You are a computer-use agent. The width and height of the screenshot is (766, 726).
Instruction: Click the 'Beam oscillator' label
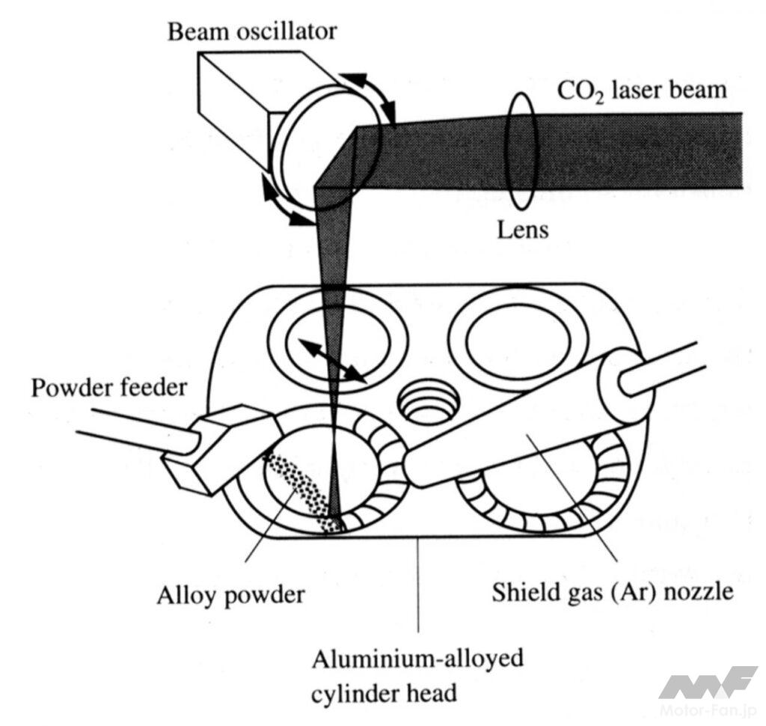(x=252, y=31)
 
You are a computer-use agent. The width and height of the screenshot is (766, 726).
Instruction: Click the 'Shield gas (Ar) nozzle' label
(x=612, y=593)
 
